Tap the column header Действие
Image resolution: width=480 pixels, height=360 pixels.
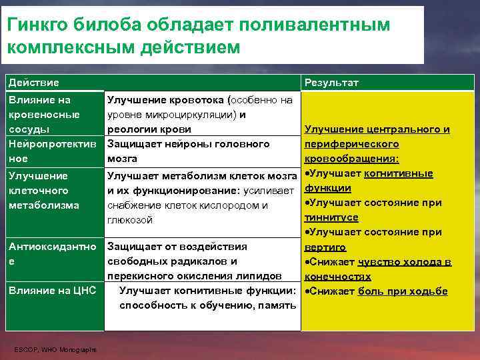[33, 82]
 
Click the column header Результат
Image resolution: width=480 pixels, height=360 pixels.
[331, 82]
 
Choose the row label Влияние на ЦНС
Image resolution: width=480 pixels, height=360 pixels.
[52, 290]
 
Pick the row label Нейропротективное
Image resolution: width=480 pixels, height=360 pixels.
[52, 151]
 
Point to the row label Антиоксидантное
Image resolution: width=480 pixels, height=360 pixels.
[52, 253]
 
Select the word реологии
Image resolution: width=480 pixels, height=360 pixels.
[131, 129]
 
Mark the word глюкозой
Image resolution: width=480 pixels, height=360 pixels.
[130, 219]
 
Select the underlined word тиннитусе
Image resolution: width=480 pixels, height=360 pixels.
[331, 217]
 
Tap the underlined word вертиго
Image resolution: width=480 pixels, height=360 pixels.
[325, 247]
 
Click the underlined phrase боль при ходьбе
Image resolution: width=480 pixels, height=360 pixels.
[403, 291]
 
